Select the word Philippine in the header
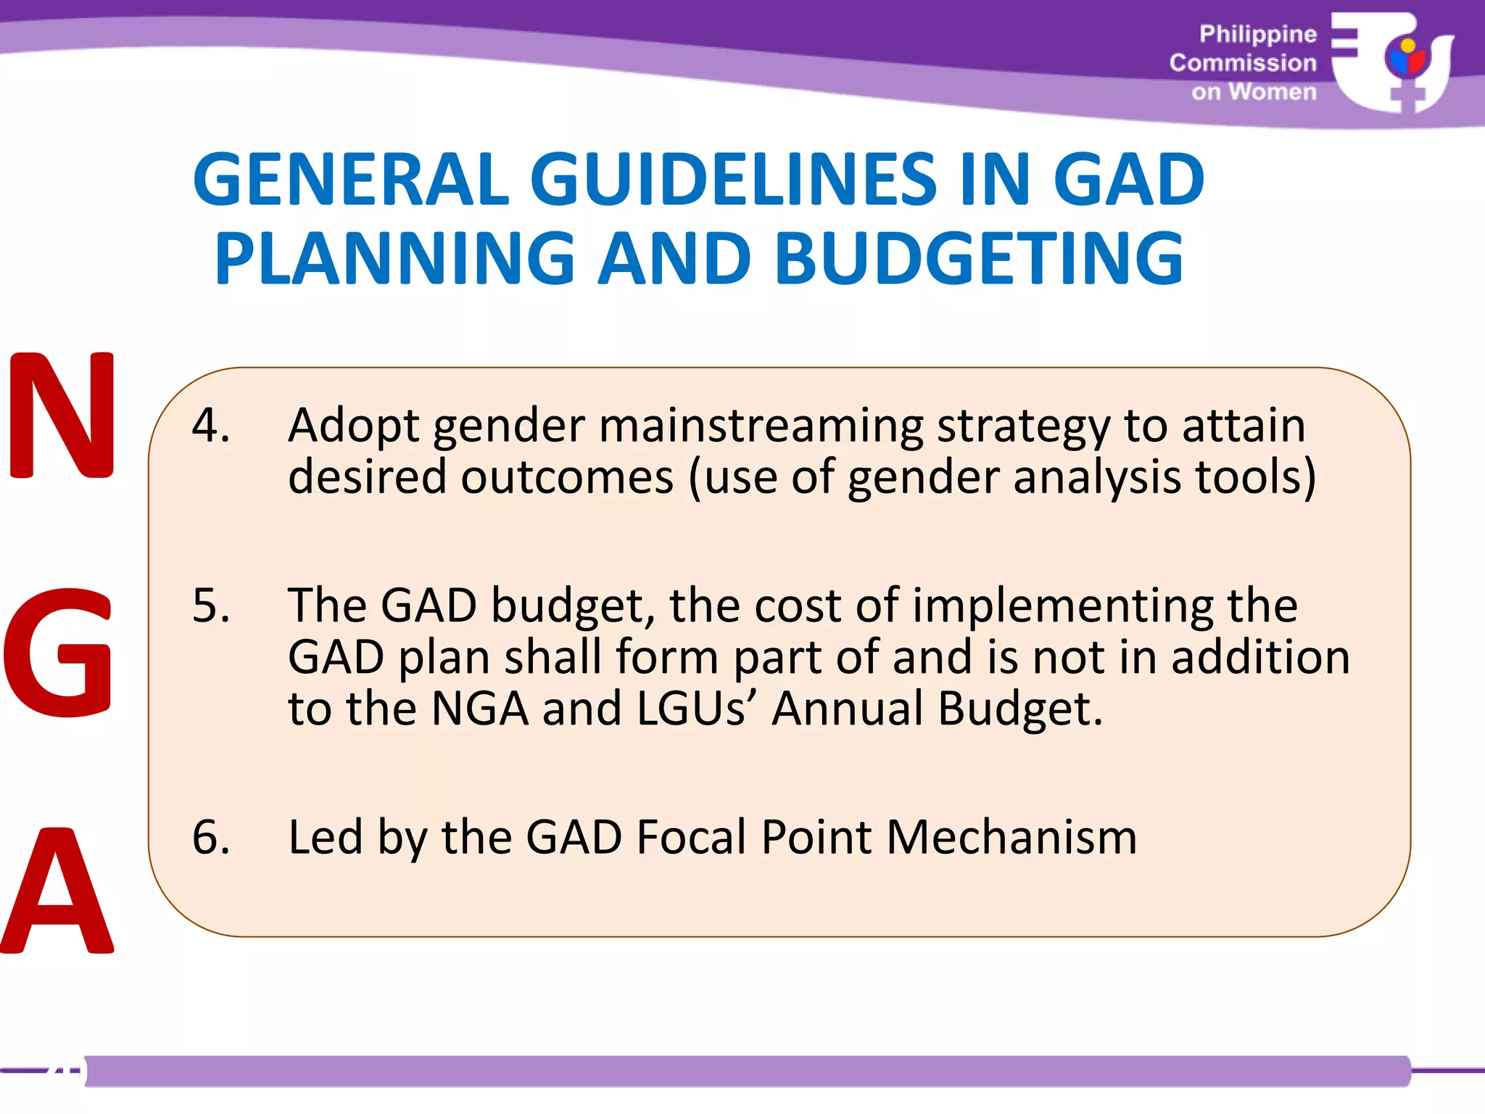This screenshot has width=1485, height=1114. pyautogui.click(x=1257, y=34)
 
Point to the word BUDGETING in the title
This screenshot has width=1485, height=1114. pyautogui.click(x=979, y=258)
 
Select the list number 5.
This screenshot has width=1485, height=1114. pyautogui.click(x=210, y=606)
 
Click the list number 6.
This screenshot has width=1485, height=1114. pyautogui.click(x=210, y=837)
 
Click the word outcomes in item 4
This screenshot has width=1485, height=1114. pyautogui.click(x=568, y=477)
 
